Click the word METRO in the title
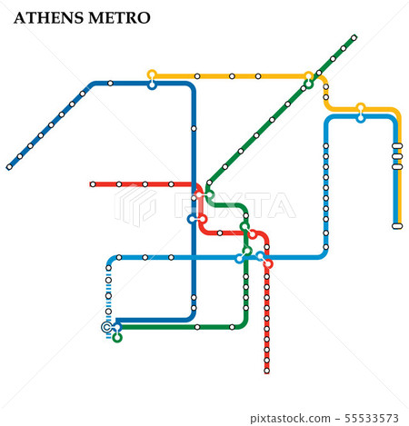[121, 18]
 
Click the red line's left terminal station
[93, 184]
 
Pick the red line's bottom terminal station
[266, 371]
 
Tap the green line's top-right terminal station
[354, 37]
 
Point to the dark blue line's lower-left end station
[10, 167]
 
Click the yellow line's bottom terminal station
[396, 225]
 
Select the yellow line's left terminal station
[152, 74]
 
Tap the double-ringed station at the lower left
[107, 327]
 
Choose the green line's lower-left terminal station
[116, 338]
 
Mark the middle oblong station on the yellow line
[396, 155]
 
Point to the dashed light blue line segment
[108, 300]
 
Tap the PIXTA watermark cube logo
[135, 205]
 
